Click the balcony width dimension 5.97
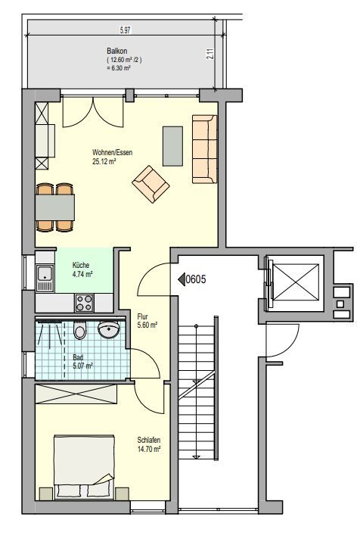125,30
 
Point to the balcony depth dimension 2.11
208,54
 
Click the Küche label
80,265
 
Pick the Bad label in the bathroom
77,357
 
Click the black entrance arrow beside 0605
182,279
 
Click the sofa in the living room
203,149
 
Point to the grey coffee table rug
172,145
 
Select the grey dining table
55,206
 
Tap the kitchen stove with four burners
83,304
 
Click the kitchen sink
45,278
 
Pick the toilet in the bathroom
80,331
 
